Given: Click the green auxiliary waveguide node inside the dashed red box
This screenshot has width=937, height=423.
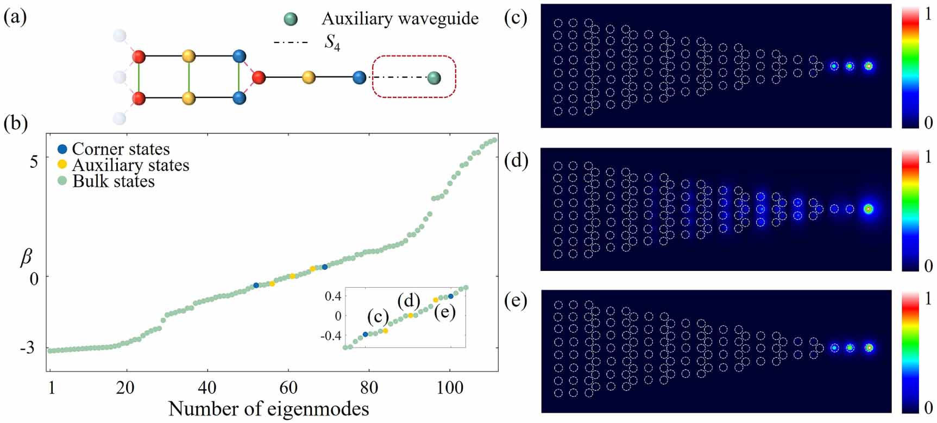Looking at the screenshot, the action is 433,78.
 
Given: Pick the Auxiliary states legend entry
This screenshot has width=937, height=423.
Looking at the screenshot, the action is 124,165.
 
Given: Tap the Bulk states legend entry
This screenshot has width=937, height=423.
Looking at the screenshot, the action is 106,181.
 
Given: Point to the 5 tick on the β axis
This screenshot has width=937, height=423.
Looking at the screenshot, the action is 34,161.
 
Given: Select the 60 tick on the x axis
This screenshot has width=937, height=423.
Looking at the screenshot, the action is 288,387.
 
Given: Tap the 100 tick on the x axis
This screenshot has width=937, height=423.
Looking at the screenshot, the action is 450,387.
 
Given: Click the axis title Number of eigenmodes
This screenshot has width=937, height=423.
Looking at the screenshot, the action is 269,408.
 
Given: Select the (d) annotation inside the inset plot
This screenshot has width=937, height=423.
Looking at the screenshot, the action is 409,300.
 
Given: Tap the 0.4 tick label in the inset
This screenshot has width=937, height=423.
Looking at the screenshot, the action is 333,296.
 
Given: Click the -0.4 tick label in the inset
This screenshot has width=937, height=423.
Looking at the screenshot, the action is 331,336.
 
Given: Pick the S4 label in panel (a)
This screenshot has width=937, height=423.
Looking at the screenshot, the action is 332,42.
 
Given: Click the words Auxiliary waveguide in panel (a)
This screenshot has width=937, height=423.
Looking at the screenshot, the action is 400,19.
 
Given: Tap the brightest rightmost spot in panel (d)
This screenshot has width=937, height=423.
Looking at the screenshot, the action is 868,209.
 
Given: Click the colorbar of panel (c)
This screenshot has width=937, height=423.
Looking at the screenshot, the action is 910,66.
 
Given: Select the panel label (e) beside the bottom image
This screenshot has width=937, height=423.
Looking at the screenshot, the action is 515,300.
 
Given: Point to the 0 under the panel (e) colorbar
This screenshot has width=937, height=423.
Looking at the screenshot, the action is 928,407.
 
